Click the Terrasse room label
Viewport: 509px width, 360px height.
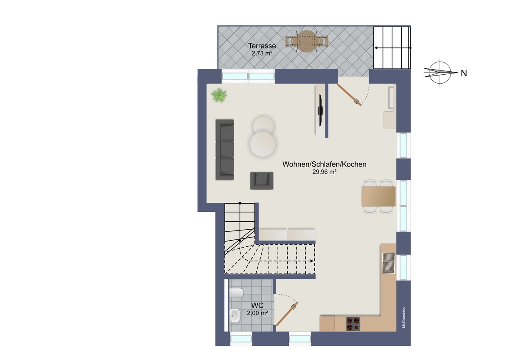(x=262, y=46)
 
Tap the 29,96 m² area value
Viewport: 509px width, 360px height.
(x=324, y=172)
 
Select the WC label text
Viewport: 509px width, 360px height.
(x=257, y=305)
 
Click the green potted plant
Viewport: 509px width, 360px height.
(x=219, y=95)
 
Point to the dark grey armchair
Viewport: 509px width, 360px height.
(x=262, y=181)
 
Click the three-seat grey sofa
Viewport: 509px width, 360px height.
(x=225, y=149)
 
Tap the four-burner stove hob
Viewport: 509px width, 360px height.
(x=353, y=324)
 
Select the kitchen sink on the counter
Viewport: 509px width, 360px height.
(x=389, y=263)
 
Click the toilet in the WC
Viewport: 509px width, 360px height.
(x=236, y=293)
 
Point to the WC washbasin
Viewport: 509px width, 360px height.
(x=235, y=316)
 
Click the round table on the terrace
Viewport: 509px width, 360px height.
(x=307, y=41)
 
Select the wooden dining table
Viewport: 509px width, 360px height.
(x=378, y=196)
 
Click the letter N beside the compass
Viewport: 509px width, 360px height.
(x=464, y=73)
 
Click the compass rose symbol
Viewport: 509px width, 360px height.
(x=440, y=73)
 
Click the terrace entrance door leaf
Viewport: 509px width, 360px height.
(x=349, y=95)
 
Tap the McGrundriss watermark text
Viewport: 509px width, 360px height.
(x=403, y=318)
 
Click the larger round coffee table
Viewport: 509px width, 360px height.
(x=263, y=144)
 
